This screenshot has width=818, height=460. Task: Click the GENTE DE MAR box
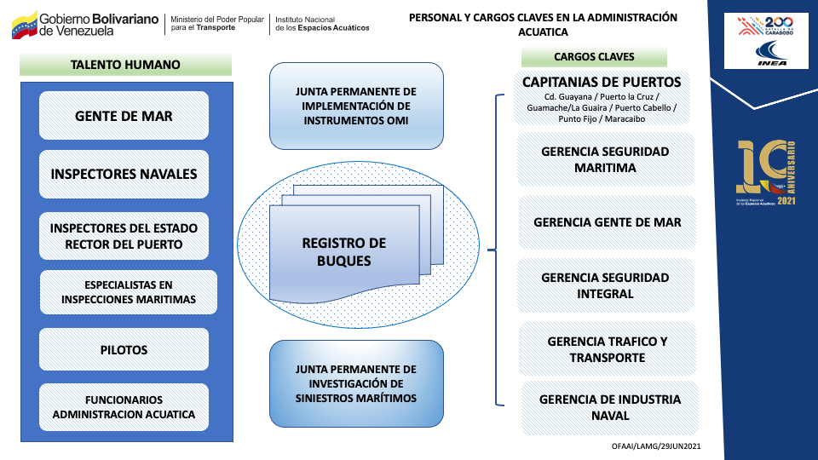[124, 116]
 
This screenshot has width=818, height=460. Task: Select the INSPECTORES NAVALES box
[124, 174]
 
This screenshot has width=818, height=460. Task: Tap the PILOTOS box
[124, 350]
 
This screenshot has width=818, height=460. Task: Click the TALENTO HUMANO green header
[125, 64]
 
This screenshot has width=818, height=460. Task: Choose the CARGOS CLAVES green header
[594, 57]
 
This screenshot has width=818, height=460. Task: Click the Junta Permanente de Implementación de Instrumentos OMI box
[356, 106]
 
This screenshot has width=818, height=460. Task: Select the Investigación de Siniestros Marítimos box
[356, 383]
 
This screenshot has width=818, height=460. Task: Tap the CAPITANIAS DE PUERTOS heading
[602, 83]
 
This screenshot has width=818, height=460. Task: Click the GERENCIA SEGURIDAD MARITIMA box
[605, 159]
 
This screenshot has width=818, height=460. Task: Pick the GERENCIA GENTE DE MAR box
[607, 222]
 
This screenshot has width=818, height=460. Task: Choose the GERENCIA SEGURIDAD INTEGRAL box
[605, 285]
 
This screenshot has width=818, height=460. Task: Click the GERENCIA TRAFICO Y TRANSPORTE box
[607, 349]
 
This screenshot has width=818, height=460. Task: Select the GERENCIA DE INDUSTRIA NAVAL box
[609, 407]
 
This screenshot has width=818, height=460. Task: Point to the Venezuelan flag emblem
[24, 25]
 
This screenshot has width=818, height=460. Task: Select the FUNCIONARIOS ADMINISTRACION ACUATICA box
[124, 407]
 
